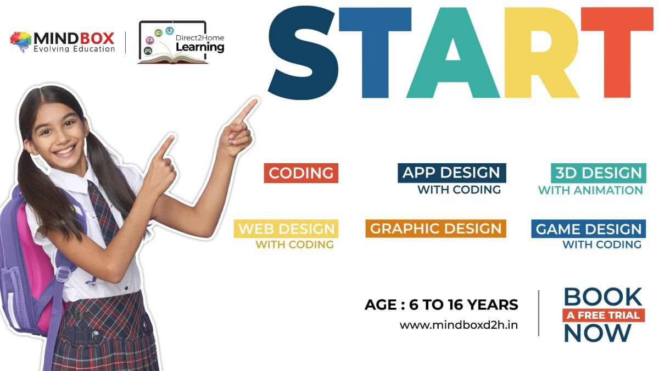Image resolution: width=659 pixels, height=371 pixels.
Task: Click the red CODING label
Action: [x=301, y=173]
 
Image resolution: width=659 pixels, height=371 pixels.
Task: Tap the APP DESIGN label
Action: [x=451, y=173]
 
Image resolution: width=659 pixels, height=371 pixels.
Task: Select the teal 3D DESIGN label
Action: [x=598, y=173]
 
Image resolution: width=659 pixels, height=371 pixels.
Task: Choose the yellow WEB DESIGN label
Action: [x=286, y=229]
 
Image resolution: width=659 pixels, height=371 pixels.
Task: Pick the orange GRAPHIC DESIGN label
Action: [x=435, y=229]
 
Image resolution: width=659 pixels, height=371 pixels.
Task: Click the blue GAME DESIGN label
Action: [x=588, y=229]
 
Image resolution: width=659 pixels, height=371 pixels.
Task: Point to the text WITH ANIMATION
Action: [x=590, y=190]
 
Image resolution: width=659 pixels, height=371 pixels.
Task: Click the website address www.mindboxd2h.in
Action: [x=459, y=325]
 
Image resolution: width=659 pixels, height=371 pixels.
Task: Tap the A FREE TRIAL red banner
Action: [x=603, y=315]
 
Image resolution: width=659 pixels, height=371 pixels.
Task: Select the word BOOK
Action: [x=602, y=297]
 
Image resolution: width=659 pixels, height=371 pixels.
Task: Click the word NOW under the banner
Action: [x=597, y=333]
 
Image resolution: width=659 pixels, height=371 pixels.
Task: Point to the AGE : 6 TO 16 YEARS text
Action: [x=441, y=304]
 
